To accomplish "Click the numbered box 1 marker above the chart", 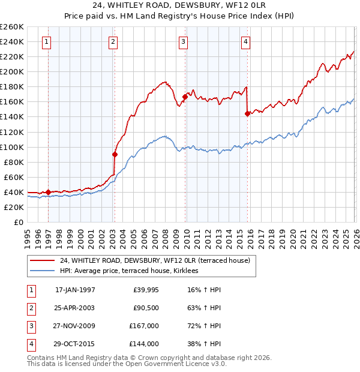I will pos(47,41).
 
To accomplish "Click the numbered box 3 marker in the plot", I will pos(183,41).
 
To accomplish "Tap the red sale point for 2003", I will pos(115,154).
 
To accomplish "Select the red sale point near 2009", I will pos(185,97).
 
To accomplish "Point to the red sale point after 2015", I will pos(247,113).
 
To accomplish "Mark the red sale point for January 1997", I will pos(49,192).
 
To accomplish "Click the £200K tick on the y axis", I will pos(12,71).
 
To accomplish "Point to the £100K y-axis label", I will pos(12,147).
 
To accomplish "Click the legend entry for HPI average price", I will pos(133,271).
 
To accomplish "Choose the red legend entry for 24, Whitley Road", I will pos(158,260).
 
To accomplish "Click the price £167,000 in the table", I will pos(144,326).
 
